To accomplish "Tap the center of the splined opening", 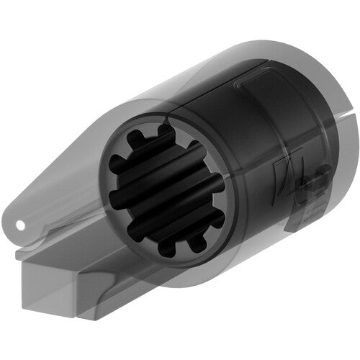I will (166, 190).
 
